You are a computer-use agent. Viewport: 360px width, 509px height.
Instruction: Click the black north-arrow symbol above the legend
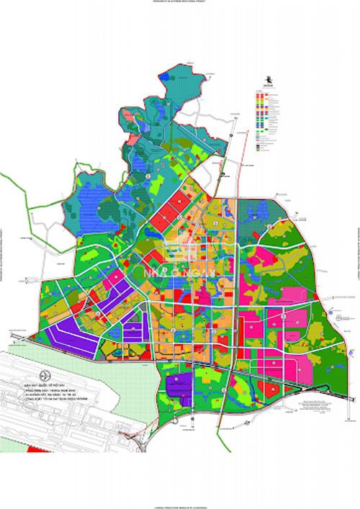pos(268,80)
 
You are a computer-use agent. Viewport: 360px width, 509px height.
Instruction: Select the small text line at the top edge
pos(180,3)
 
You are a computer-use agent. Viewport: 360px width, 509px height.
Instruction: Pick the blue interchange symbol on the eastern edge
pos(334,310)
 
